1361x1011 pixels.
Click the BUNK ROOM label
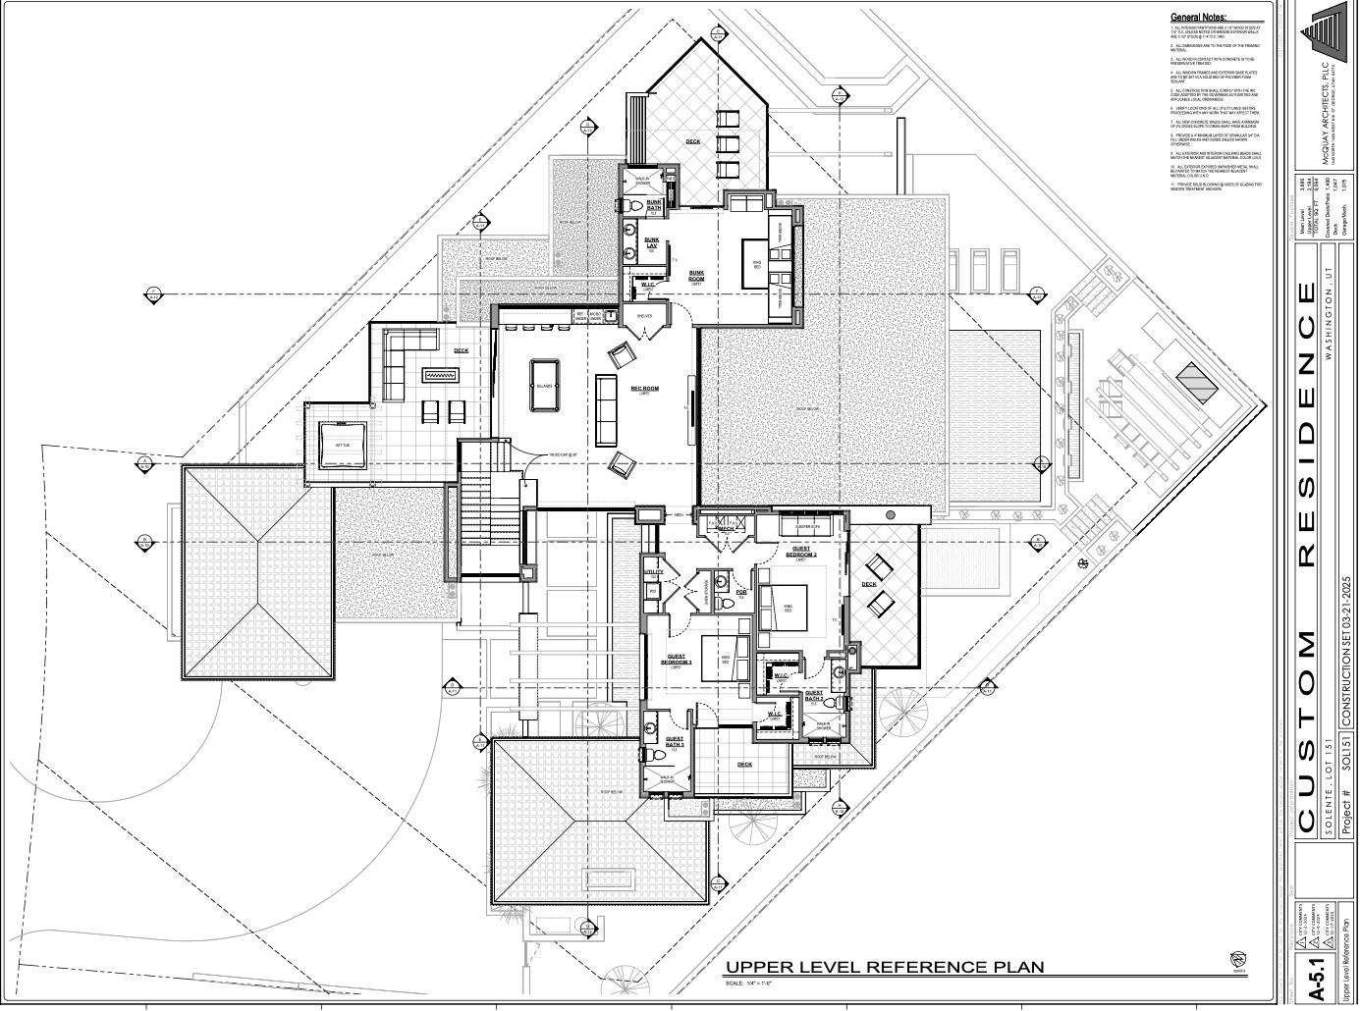696,276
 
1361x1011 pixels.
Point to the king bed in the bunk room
757,262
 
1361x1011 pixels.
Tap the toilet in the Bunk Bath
634,206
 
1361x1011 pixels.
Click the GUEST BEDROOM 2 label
802,553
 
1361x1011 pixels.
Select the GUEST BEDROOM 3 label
677,661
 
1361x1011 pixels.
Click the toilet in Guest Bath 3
649,753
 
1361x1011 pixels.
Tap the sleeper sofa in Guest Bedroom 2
807,527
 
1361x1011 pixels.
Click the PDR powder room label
741,593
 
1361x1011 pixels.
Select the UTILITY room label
653,572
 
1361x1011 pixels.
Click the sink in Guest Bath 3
650,729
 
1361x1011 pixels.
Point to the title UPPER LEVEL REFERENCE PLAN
884,968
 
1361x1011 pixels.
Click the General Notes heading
1198,18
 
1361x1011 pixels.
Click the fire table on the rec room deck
441,374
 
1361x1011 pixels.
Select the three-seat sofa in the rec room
606,409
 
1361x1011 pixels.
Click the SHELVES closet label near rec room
644,316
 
